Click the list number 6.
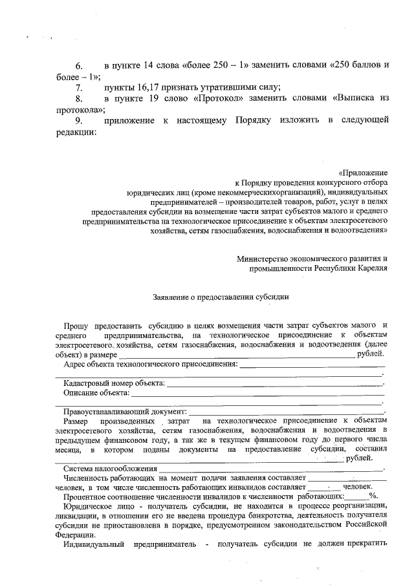[x=80, y=65]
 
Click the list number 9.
[x=80, y=120]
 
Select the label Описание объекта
[x=95, y=392]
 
